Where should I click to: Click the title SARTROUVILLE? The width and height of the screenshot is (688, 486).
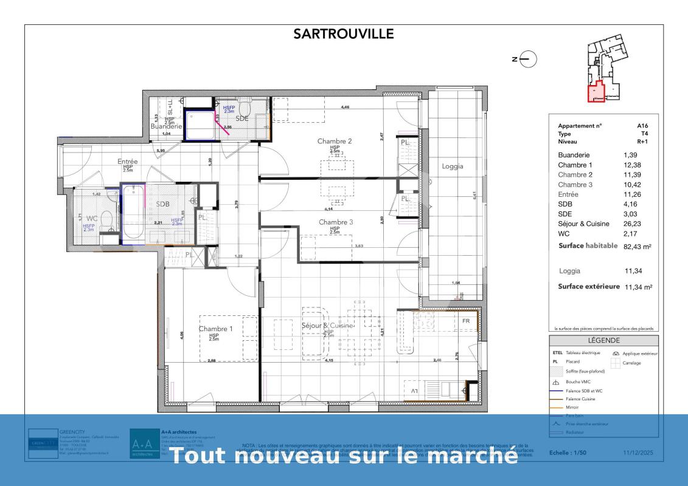[344, 34]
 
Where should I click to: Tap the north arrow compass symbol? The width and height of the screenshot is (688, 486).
[528, 59]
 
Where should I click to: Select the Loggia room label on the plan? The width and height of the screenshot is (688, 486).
[453, 166]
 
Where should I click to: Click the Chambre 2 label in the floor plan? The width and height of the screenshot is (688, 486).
[335, 141]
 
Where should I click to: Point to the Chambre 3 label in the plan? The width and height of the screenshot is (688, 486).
[336, 222]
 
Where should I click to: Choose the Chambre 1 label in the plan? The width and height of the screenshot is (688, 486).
[215, 329]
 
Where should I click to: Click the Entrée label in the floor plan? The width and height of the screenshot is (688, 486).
[128, 162]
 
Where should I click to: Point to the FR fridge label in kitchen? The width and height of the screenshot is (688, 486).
[467, 321]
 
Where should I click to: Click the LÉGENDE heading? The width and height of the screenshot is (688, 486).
[603, 341]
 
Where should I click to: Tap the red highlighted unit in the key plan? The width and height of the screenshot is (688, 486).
[596, 92]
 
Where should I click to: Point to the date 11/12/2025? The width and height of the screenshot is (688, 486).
[639, 453]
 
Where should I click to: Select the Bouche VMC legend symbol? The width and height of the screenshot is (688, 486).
[555, 383]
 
